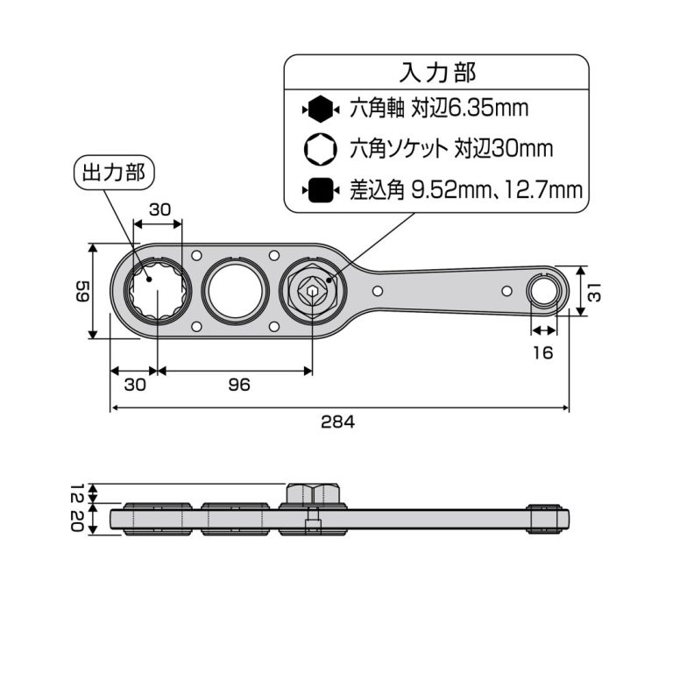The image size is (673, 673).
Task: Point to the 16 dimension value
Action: tap(542, 352)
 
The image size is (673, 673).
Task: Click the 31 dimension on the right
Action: tap(593, 290)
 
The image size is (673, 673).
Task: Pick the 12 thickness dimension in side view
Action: tap(79, 492)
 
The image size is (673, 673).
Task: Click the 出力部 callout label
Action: tap(113, 171)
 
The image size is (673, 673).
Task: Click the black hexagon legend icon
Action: tap(320, 110)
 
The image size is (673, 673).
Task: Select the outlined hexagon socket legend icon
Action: tap(320, 149)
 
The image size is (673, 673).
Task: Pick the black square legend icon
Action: tap(320, 189)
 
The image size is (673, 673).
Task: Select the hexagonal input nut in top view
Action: tap(312, 291)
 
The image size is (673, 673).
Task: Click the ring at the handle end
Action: tap(544, 290)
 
